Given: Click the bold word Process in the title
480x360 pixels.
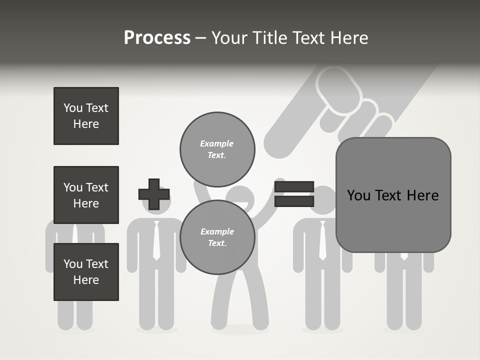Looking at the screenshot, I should tap(157, 38).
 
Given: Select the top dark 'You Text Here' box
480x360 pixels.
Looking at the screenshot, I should tap(86, 116).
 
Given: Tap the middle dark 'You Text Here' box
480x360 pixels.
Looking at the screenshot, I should tap(86, 195).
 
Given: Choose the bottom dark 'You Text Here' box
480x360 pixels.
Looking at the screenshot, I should tap(86, 272).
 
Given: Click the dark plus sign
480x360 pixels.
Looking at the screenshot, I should tap(154, 194).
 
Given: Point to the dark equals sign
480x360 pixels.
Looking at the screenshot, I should tap(294, 194).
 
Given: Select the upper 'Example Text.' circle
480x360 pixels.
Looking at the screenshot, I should tap(217, 149).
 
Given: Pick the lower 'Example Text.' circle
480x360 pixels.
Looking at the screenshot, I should tap(217, 237).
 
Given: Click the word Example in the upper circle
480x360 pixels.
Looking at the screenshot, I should tap(217, 143).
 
